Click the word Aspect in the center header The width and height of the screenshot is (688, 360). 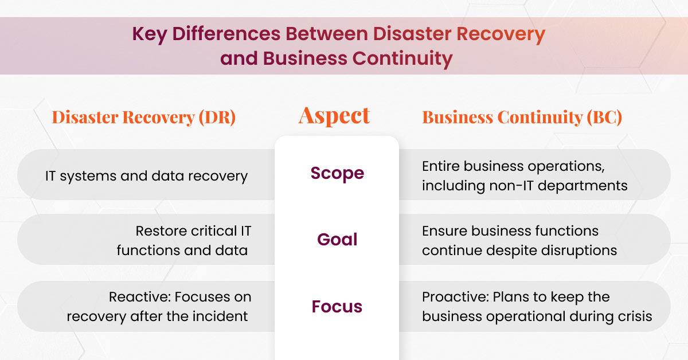[x=334, y=116]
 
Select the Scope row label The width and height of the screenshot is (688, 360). [x=337, y=173]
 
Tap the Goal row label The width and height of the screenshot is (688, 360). [x=337, y=240]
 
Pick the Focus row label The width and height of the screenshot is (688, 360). [x=337, y=307]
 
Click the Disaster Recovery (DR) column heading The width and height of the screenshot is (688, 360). [x=144, y=118]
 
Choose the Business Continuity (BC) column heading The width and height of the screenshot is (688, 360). [x=522, y=118]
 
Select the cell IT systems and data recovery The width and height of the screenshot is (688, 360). [x=146, y=176]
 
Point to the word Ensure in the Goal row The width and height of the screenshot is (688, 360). [x=444, y=231]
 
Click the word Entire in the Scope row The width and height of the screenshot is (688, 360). [x=442, y=166]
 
